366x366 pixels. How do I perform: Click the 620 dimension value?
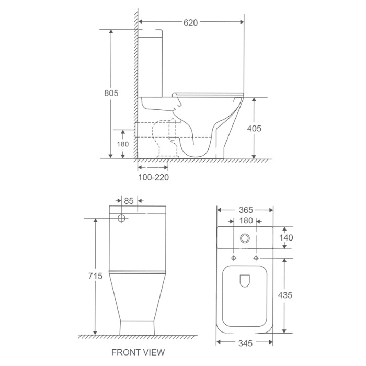(190, 22)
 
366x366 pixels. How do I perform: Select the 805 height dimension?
(111, 93)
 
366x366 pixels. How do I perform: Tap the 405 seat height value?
(254, 129)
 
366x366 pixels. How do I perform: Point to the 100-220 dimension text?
(153, 177)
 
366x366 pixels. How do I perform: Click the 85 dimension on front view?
(129, 201)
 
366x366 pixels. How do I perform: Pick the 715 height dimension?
(95, 276)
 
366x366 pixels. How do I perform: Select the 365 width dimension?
(246, 210)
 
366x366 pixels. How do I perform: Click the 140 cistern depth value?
(286, 237)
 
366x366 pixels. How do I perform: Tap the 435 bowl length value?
(285, 295)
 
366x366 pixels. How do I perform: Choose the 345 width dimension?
(245, 343)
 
